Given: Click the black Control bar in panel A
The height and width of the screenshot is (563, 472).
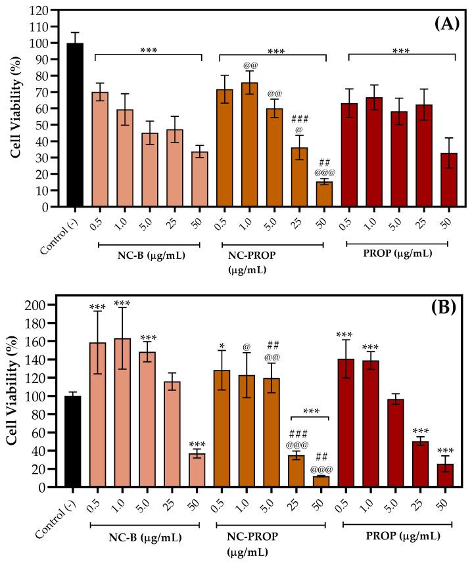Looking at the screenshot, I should [x=75, y=125].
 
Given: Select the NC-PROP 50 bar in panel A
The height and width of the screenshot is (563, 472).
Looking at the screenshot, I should [x=324, y=194].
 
